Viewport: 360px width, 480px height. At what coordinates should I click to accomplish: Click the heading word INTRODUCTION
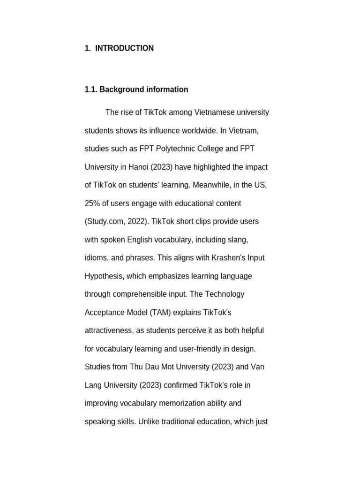pyautogui.click(x=124, y=48)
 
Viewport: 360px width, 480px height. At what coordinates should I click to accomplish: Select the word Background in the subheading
pyautogui.click(x=120, y=90)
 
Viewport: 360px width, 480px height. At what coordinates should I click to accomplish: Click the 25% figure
pyautogui.click(x=93, y=203)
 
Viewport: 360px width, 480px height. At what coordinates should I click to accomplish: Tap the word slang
pyautogui.click(x=237, y=240)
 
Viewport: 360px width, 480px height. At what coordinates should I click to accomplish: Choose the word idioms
pyautogui.click(x=97, y=258)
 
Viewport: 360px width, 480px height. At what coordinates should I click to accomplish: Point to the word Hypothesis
pyautogui.click(x=103, y=276)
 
